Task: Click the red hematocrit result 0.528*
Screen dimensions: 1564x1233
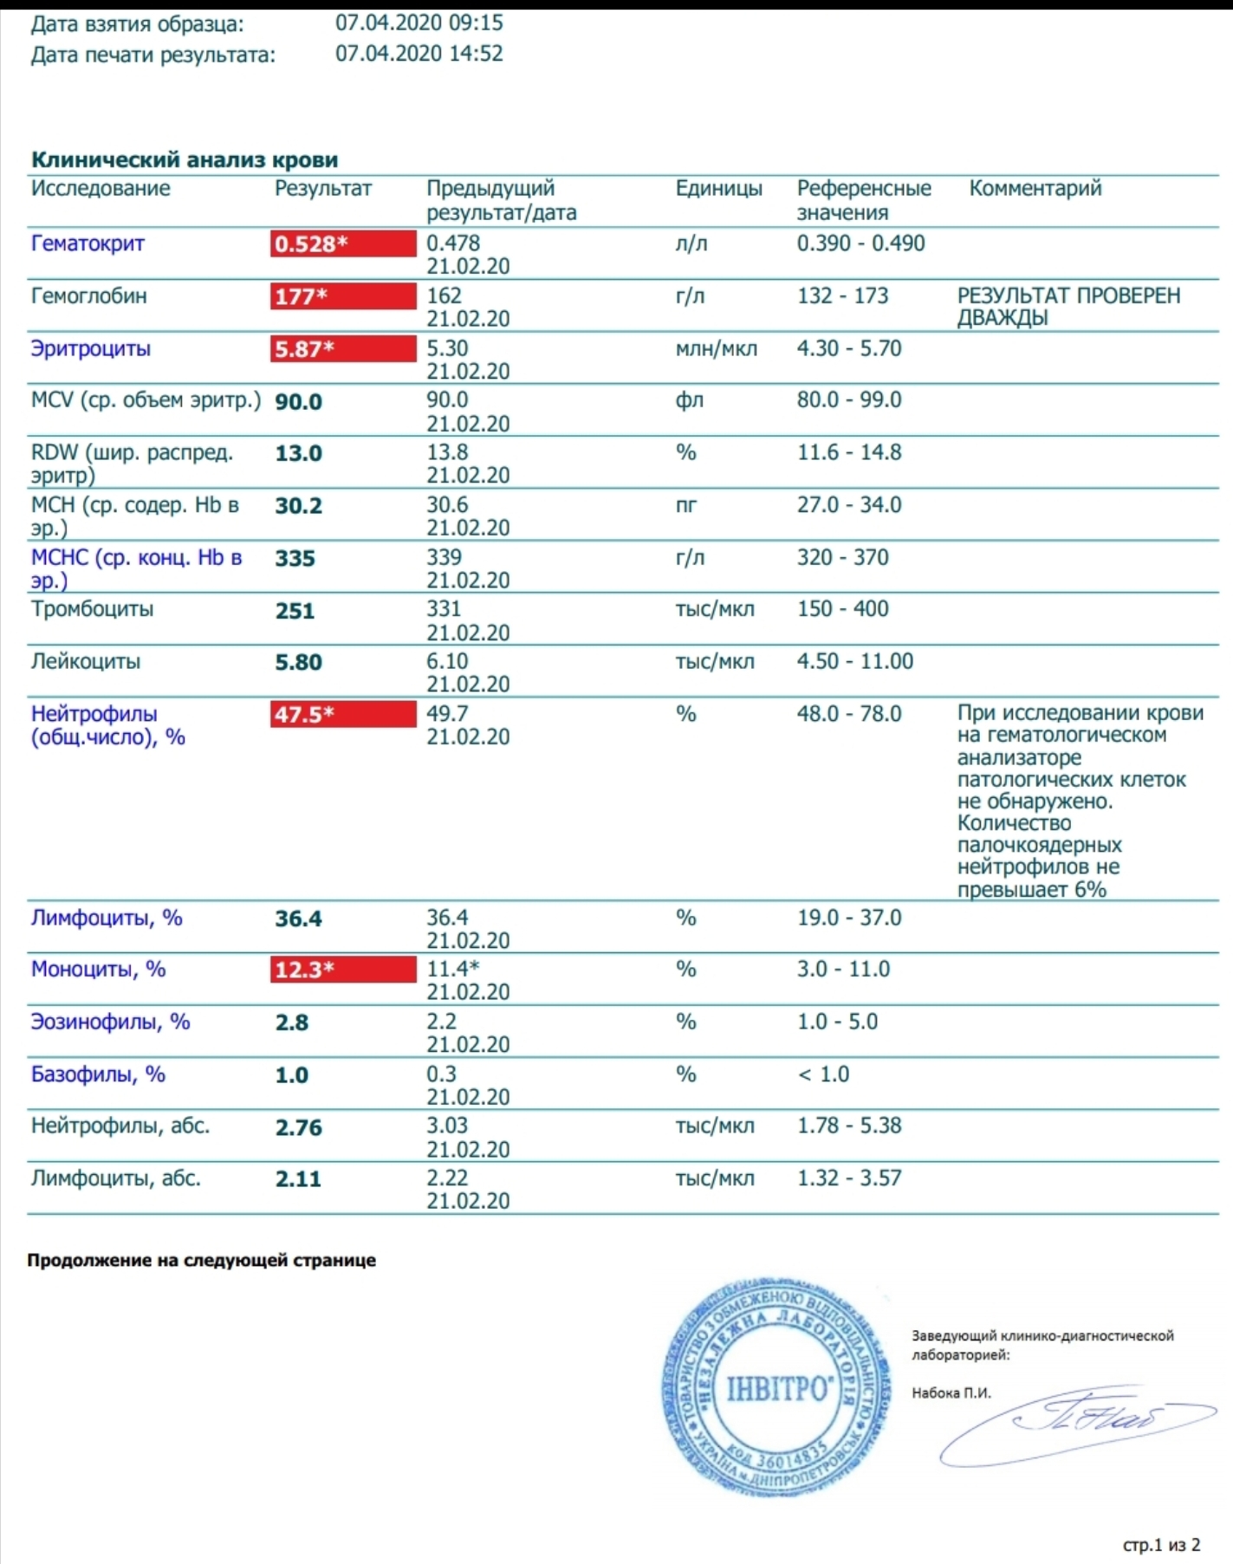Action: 342,244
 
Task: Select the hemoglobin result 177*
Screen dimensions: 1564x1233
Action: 342,296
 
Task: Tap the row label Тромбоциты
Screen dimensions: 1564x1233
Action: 92,609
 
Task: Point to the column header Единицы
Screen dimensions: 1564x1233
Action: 718,189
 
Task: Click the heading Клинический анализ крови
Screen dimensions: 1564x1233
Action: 185,159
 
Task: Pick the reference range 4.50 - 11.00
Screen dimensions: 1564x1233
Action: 854,662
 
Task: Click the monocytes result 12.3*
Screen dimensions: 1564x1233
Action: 342,970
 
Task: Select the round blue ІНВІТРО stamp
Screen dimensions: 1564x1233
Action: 776,1388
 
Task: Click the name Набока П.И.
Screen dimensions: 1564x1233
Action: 951,1393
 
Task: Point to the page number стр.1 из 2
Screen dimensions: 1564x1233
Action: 1161,1545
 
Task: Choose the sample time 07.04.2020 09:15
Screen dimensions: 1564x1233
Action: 419,23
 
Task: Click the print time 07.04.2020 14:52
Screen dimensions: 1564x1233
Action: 419,54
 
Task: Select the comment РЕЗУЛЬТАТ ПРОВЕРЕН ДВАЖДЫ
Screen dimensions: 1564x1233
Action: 1068,307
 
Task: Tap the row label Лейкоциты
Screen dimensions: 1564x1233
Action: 85,662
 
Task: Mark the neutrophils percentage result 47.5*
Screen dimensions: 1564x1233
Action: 342,715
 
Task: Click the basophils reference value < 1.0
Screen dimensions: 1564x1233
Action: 823,1074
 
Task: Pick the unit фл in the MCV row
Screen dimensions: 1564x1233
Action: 689,400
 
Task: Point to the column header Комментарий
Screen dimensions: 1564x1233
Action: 1035,189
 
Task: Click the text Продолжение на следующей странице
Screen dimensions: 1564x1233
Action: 201,1260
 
